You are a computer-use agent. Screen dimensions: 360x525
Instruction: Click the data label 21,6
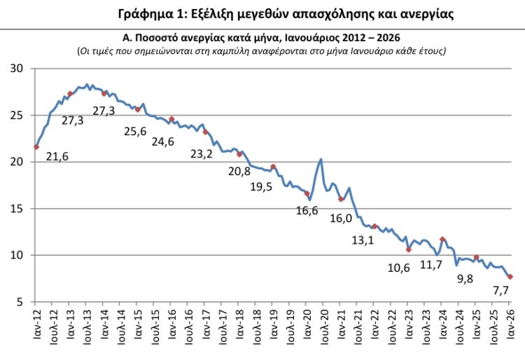(x=57, y=156)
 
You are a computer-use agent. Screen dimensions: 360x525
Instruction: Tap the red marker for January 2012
(x=36, y=147)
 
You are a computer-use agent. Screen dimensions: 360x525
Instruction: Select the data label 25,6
(x=135, y=131)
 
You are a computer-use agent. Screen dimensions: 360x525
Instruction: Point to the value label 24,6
(x=163, y=141)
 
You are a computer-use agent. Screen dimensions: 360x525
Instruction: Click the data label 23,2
(x=202, y=153)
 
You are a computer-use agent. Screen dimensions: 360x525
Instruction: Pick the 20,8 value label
(x=239, y=171)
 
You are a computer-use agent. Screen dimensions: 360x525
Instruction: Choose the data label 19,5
(x=262, y=187)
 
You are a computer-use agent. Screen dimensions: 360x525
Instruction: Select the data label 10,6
(x=398, y=267)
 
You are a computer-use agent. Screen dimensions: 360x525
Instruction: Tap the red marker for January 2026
(x=510, y=277)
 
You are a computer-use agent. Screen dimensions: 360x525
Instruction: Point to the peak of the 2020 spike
(x=321, y=160)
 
